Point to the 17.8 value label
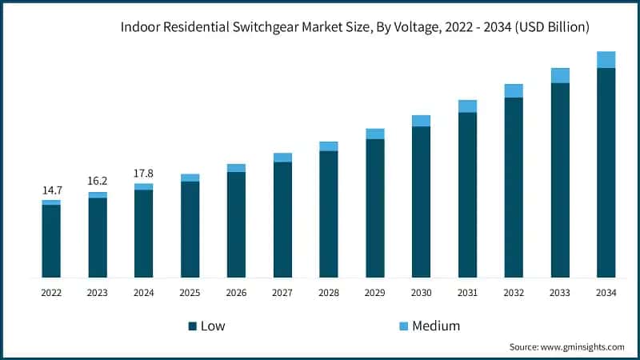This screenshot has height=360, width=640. [x=144, y=174]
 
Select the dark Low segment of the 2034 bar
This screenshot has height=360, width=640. [x=606, y=173]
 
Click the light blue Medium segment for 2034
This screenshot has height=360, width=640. [x=606, y=60]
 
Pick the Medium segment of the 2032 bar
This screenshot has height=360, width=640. [x=514, y=90]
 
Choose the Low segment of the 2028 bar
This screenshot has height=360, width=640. [x=329, y=214]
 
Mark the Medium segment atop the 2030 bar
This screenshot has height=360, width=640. [x=421, y=121]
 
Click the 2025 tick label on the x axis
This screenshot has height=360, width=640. [x=190, y=294]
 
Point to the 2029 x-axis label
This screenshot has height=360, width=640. [x=375, y=294]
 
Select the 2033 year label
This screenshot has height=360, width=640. [x=560, y=294]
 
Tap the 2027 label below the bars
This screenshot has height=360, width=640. [x=282, y=294]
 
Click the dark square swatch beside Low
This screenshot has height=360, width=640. [x=193, y=326]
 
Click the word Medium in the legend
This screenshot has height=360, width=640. [x=436, y=326]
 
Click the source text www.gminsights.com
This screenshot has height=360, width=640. [x=584, y=347]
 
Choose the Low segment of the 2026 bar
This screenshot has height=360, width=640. [x=236, y=225]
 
